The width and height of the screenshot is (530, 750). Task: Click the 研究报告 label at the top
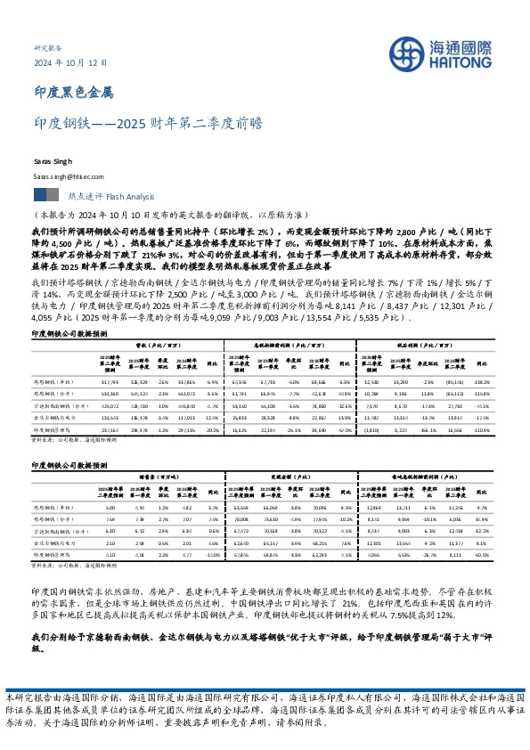point(49,46)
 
